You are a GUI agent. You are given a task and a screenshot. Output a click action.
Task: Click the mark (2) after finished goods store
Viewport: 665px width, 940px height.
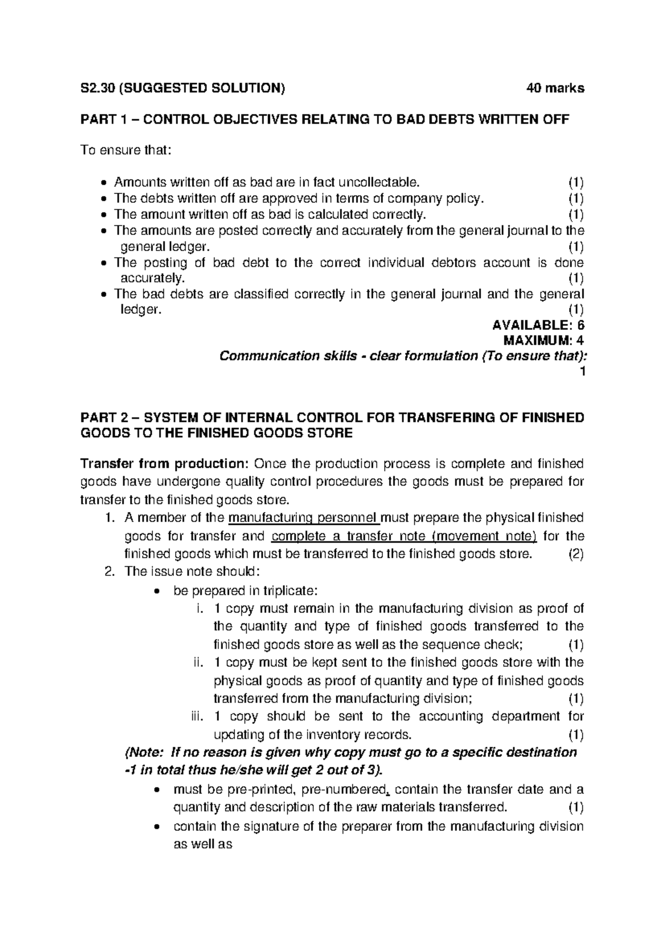pos(576,554)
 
